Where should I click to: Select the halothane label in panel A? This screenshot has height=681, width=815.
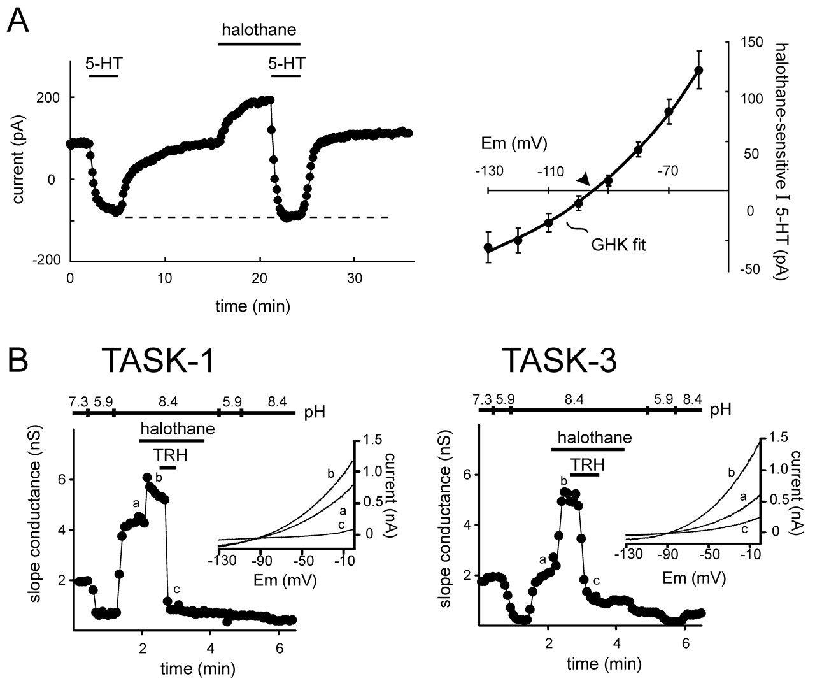(259, 29)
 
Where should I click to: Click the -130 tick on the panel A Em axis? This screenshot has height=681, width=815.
(489, 171)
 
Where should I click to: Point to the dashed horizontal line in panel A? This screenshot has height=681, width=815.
(255, 217)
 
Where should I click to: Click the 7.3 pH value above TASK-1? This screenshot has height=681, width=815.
(80, 402)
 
